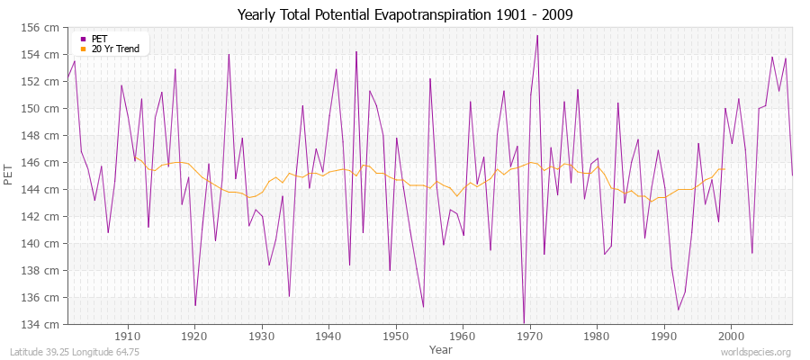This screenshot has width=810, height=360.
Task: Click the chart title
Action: (405, 15)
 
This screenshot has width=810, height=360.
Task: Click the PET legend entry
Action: (99, 39)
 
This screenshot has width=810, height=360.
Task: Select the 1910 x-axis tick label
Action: (128, 336)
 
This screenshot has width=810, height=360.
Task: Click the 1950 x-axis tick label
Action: (396, 336)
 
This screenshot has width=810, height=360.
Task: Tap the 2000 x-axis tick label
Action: (731, 336)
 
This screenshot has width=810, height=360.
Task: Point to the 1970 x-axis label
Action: (530, 336)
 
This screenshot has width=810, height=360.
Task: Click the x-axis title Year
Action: (441, 348)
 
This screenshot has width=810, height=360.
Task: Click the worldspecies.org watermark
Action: (756, 352)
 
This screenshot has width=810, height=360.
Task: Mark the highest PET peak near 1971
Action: (537, 36)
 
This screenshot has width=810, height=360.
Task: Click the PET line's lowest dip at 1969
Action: (524, 323)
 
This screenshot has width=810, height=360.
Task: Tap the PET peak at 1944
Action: (356, 52)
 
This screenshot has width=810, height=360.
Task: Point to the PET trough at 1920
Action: (195, 305)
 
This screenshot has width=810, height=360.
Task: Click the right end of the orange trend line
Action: (724, 169)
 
